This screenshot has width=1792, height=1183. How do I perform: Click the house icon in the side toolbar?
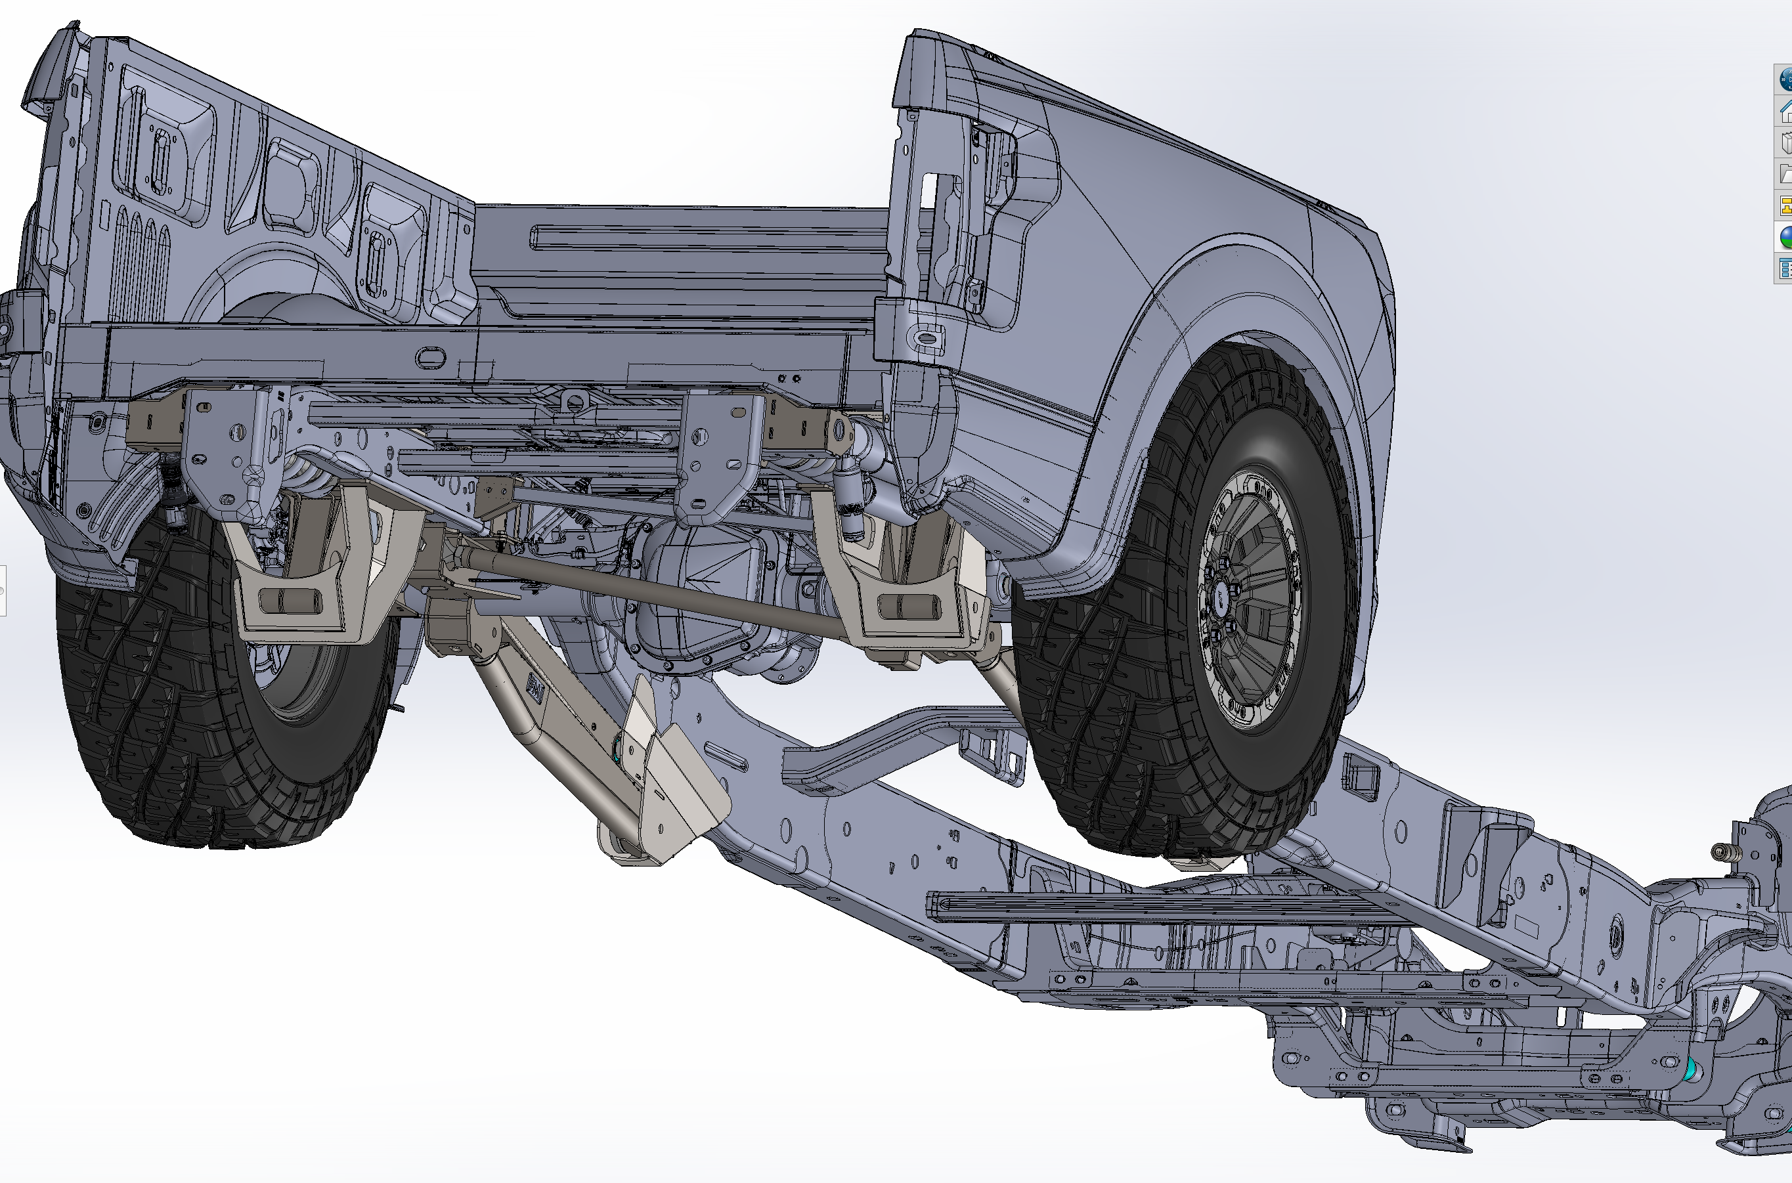click(x=1786, y=112)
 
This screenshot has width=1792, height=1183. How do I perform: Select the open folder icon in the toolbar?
click(x=1786, y=174)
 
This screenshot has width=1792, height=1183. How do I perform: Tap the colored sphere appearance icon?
click(x=1786, y=237)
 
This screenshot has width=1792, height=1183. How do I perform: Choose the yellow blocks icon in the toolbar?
click(x=1786, y=205)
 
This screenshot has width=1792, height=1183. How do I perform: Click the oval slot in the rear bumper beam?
click(x=430, y=358)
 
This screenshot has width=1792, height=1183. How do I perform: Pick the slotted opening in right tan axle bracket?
click(x=909, y=607)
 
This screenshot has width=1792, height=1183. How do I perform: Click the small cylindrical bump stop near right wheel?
click(x=852, y=513)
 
